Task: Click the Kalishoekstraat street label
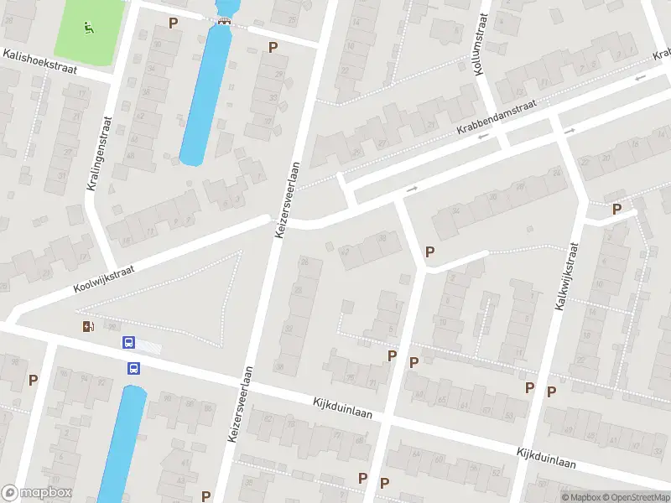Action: (x=39, y=63)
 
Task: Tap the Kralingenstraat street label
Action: (x=97, y=153)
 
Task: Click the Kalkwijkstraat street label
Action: (x=567, y=277)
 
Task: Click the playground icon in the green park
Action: (x=88, y=28)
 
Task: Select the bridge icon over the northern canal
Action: (x=223, y=22)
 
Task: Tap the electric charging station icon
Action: (x=88, y=326)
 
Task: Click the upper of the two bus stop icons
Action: (x=129, y=342)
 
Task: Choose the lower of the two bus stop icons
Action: (x=133, y=367)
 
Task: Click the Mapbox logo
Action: (x=36, y=493)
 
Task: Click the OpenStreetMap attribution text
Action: (x=634, y=497)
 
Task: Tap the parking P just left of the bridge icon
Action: (x=174, y=23)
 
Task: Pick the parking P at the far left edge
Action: (x=34, y=380)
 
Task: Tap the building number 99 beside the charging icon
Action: (x=111, y=327)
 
